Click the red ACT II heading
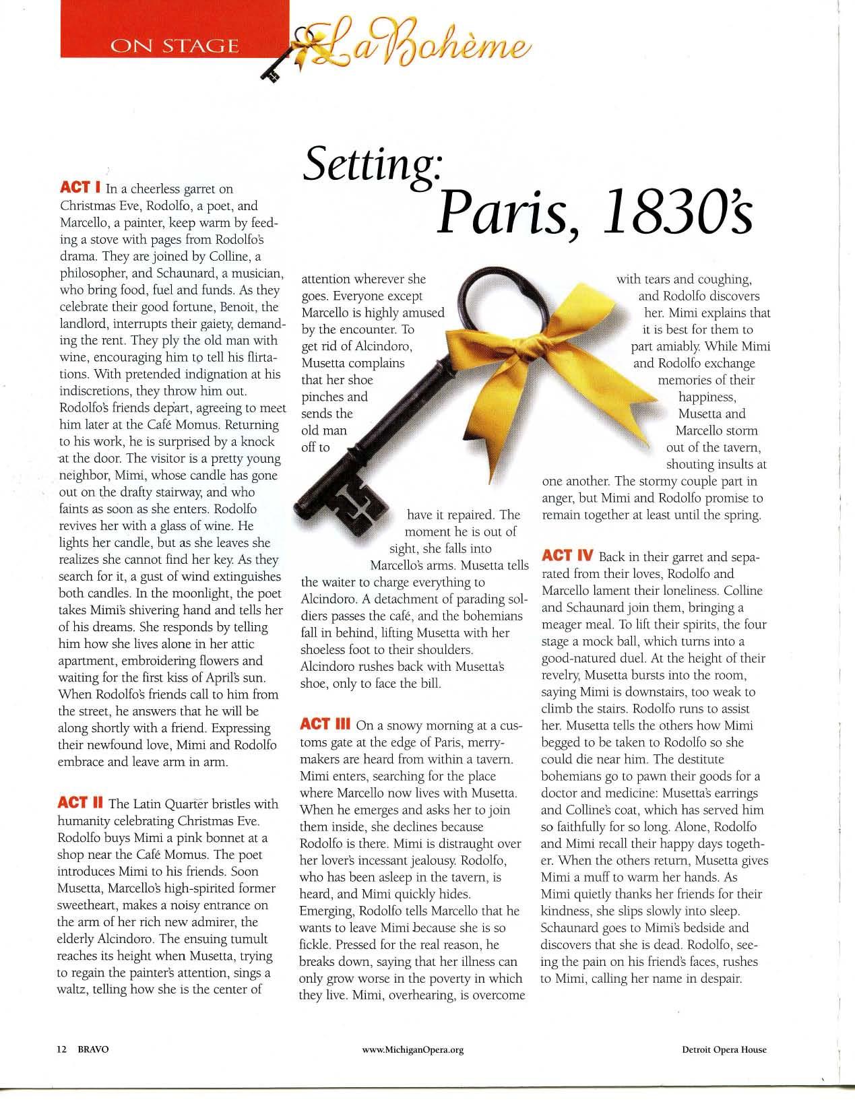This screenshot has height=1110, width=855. pos(81,803)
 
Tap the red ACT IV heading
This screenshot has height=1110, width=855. pos(567,556)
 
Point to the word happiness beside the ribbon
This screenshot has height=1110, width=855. pos(707,397)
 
